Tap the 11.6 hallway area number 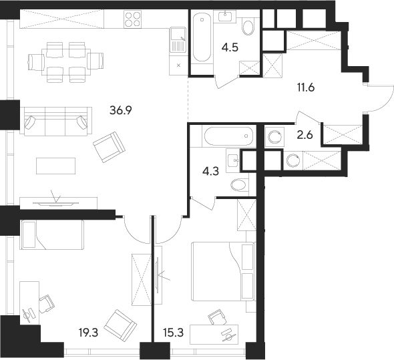[308, 86]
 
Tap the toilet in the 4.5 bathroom [248, 26]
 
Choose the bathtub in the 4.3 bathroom [227, 138]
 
